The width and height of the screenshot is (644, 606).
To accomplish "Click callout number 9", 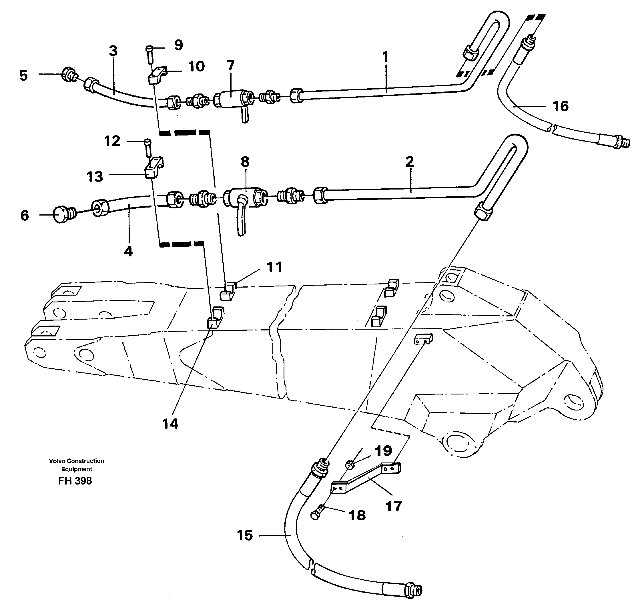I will (178, 45).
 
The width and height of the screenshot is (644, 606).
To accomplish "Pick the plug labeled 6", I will (62, 215).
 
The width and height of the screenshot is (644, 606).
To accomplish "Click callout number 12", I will (112, 141).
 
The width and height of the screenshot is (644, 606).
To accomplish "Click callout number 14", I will (170, 424).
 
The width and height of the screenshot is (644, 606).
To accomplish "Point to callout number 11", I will (274, 267).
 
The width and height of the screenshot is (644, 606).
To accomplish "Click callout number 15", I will (245, 535).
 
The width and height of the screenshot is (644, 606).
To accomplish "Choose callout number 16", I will (561, 106).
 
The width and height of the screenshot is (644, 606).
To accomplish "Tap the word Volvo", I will (55, 461).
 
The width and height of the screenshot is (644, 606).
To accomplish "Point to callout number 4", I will (128, 251).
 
